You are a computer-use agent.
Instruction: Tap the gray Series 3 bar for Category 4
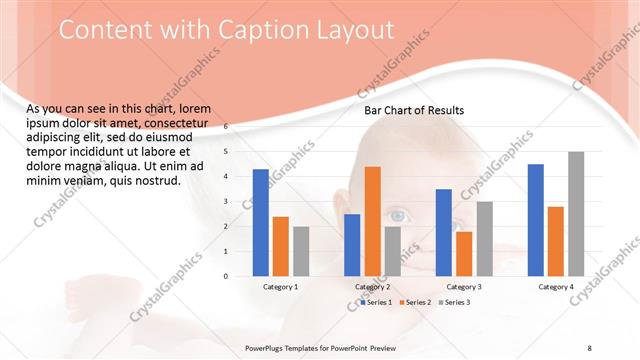576,214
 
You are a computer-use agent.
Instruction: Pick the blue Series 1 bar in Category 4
535,220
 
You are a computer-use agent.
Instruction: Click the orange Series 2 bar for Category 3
464,254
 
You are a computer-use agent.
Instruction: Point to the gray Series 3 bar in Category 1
301,251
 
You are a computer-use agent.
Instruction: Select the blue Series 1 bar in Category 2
352,245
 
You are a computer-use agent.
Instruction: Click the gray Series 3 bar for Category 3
484,239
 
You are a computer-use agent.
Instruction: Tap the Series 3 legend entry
454,301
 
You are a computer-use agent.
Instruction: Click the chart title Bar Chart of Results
413,110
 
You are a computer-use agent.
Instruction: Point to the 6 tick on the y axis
226,127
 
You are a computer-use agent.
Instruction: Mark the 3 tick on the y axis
226,202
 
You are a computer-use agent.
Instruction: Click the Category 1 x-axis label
280,287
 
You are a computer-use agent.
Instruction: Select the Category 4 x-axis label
556,287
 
